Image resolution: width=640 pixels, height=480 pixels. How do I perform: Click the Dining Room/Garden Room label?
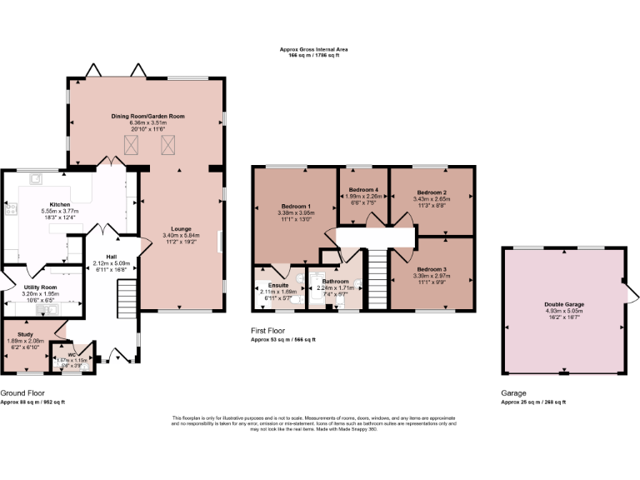(148, 116)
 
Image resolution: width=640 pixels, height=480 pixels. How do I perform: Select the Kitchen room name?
(59, 204)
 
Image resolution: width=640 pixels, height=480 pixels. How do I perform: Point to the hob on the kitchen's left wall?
(10, 209)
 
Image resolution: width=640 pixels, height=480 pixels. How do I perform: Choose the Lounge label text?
(182, 227)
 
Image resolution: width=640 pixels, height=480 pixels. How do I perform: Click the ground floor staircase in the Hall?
(125, 296)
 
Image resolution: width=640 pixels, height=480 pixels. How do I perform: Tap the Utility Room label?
(40, 287)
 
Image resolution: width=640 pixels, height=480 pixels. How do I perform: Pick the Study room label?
(26, 333)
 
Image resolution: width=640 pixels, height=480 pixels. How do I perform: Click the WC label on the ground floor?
(72, 353)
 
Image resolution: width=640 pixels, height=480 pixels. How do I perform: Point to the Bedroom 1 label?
(296, 206)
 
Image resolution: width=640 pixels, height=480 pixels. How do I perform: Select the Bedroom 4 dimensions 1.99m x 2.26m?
(363, 197)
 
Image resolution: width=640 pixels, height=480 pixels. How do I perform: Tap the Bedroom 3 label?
(431, 269)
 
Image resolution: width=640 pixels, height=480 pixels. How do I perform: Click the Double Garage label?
(563, 304)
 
